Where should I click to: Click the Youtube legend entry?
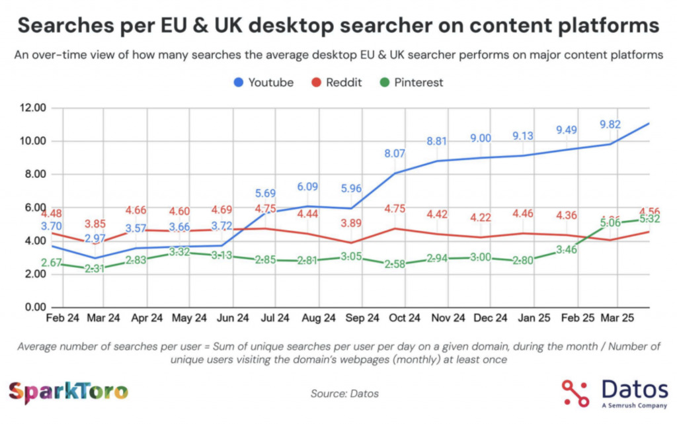tap(264, 83)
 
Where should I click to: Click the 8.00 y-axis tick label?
tap(31, 175)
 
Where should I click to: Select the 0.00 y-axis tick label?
tap(31, 308)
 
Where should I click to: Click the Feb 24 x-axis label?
tap(63, 318)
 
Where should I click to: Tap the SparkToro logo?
tap(68, 392)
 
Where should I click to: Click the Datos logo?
tap(614, 392)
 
